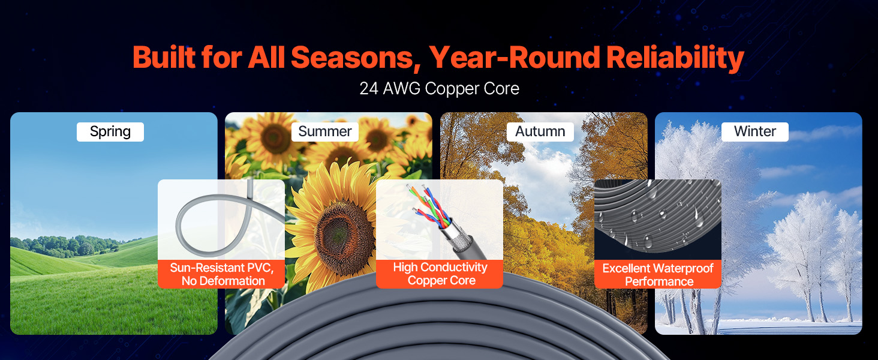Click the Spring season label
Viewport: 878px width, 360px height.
click(110, 132)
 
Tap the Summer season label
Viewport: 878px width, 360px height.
click(325, 132)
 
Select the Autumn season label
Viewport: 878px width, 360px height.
click(540, 132)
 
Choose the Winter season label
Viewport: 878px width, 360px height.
click(755, 132)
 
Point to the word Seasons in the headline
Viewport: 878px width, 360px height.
click(356, 58)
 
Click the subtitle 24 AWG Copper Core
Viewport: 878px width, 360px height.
click(440, 89)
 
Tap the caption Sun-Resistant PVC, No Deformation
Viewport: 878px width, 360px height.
click(222, 274)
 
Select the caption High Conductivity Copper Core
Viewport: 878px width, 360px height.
click(440, 274)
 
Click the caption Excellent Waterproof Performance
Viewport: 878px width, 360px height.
click(658, 275)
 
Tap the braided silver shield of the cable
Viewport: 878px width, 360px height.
click(459, 239)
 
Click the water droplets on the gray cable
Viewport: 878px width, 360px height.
click(659, 215)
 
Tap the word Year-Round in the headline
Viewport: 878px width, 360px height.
click(514, 58)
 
